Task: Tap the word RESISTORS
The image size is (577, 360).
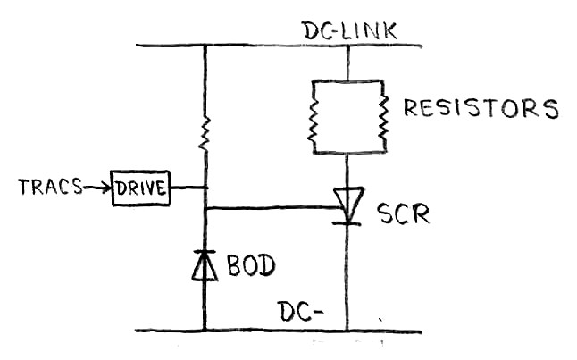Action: pyautogui.click(x=481, y=109)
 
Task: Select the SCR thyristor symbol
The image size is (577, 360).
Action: pyautogui.click(x=347, y=205)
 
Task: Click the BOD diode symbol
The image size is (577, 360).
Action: pyautogui.click(x=205, y=265)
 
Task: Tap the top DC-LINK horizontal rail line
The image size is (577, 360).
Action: pyautogui.click(x=268, y=45)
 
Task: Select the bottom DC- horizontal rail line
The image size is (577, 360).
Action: pyautogui.click(x=268, y=331)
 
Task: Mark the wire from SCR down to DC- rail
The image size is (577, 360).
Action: pyautogui.click(x=347, y=277)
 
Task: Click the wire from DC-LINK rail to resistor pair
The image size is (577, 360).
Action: pyautogui.click(x=347, y=63)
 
